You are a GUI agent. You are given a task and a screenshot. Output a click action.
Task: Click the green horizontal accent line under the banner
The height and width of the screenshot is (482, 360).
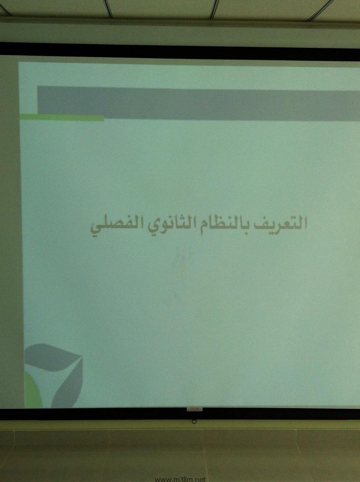point(62,117)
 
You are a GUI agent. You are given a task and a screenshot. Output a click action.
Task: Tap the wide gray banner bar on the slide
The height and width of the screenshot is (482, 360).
point(199,103)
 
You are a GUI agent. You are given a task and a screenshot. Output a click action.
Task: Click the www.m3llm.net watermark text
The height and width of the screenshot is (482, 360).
point(180,479)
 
